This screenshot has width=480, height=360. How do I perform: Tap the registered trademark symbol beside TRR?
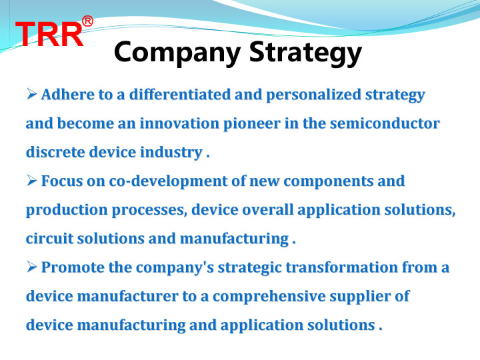tap(87, 21)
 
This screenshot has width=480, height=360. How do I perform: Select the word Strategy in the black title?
tap(305, 53)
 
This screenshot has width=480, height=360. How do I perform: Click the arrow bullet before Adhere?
tap(31, 94)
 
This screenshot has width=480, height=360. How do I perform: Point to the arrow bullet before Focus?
tap(31, 180)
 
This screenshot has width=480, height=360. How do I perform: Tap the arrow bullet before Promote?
tap(31, 267)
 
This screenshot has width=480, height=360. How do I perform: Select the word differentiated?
tap(180, 94)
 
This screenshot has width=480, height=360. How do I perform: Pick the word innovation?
tap(179, 123)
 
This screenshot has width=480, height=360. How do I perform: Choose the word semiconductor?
tap(385, 123)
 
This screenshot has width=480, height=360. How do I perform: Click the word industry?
tap(171, 153)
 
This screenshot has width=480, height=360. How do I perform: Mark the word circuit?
tap(49, 239)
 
